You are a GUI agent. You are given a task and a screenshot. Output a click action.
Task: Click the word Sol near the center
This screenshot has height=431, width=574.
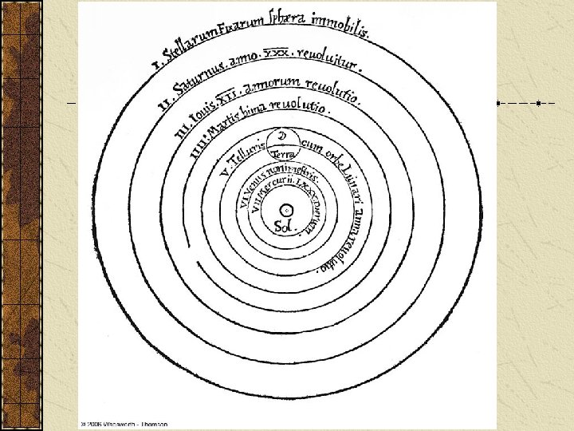click(284, 227)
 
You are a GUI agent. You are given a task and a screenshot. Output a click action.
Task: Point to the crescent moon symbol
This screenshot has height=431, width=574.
click(281, 136)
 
